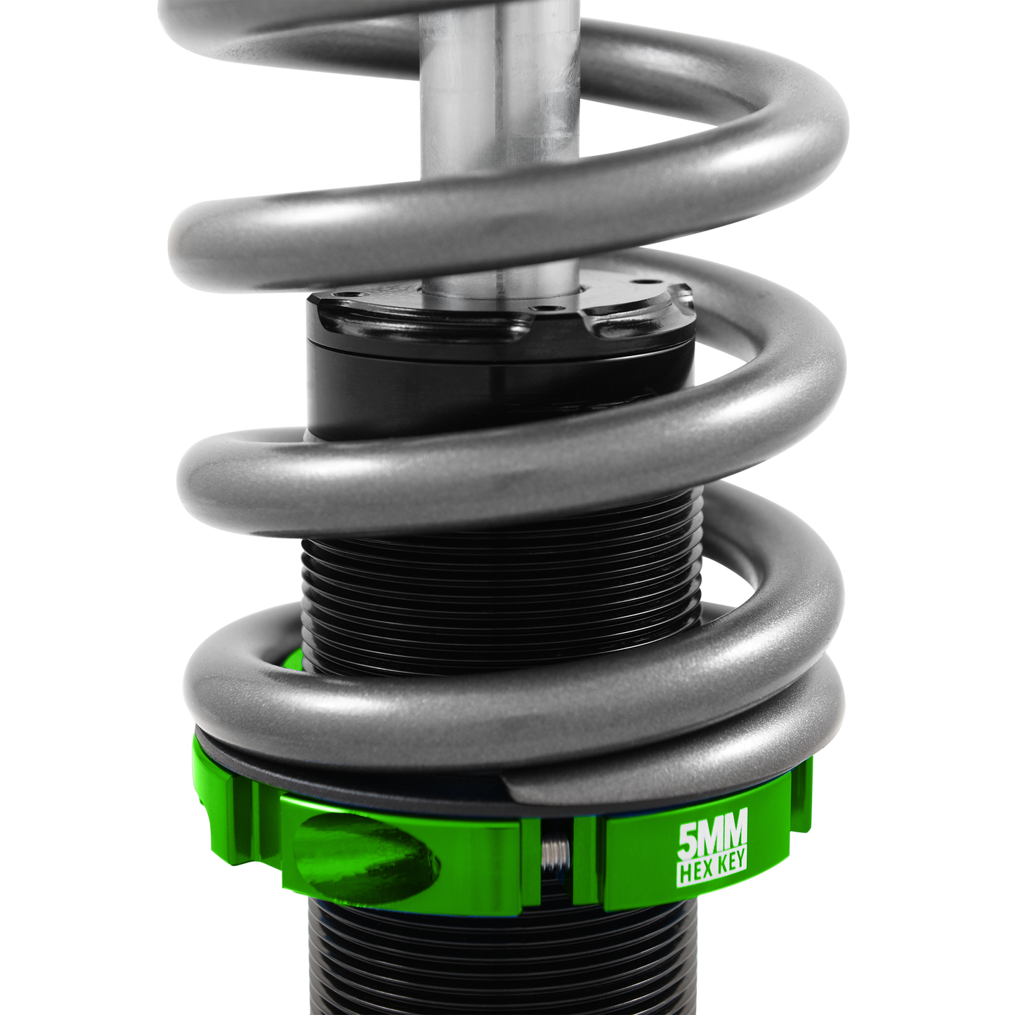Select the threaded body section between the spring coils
(492, 583)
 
